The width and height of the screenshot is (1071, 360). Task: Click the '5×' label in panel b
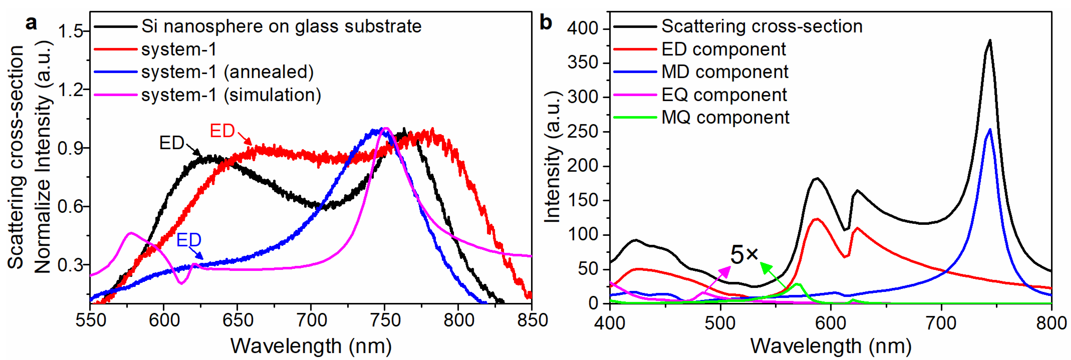tap(744, 254)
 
